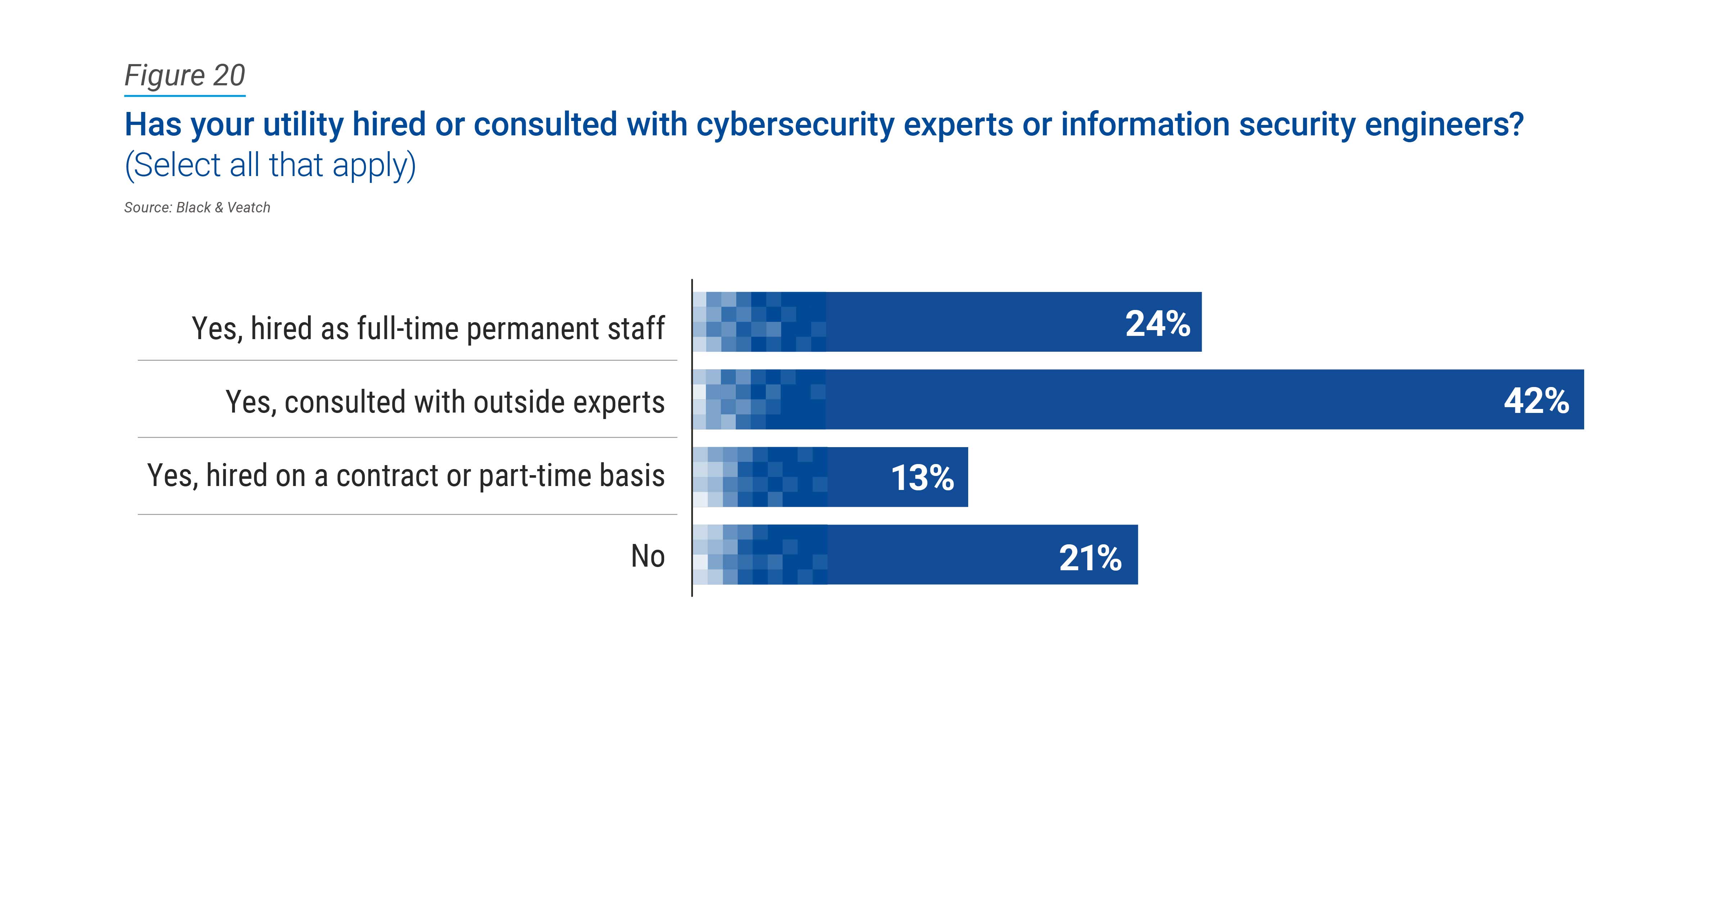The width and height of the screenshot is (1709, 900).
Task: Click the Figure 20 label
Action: (185, 76)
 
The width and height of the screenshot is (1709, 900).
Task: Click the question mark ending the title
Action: (1516, 125)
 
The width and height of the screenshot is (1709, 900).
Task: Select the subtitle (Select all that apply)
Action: (270, 165)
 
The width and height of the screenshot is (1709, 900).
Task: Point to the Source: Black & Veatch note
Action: (197, 208)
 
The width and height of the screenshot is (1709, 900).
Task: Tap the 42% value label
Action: (1536, 401)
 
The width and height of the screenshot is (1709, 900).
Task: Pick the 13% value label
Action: (922, 478)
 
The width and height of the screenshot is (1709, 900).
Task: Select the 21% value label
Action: (1090, 558)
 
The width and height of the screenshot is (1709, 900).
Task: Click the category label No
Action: (648, 556)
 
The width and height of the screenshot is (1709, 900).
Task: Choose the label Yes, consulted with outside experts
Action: (444, 402)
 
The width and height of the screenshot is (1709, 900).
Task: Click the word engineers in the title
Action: (1440, 125)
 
